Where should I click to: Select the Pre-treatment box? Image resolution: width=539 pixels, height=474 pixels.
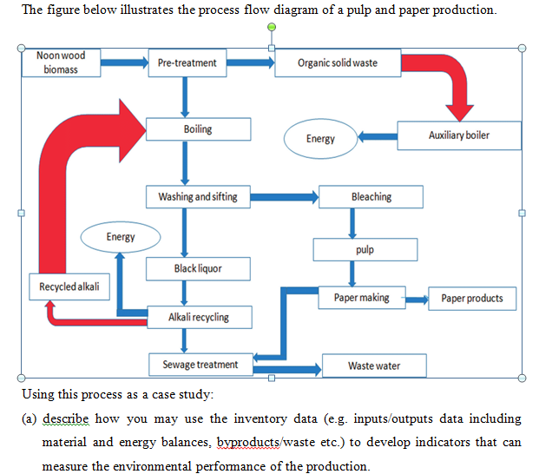(187, 63)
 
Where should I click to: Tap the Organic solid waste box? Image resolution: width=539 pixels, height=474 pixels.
(337, 63)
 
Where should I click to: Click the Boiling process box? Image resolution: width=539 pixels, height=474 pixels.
(198, 129)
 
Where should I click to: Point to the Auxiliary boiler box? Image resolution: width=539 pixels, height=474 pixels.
(459, 135)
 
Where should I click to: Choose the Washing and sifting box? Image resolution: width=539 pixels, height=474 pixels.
(198, 197)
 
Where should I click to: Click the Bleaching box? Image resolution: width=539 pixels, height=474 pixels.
(371, 197)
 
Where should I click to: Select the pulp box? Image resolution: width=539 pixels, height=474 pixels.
(365, 250)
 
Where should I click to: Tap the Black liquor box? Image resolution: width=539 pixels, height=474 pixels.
(198, 269)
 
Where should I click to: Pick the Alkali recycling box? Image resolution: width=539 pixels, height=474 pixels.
(198, 317)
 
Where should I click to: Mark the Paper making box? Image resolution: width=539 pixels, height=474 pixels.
(362, 298)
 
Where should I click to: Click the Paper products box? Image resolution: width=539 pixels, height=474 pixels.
(471, 299)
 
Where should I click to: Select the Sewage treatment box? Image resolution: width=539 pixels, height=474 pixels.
(200, 365)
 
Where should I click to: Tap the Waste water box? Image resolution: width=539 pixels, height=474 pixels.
(374, 365)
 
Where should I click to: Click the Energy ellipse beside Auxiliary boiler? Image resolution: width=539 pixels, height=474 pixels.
(320, 139)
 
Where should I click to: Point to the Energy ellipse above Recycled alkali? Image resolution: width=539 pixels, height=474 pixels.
(121, 237)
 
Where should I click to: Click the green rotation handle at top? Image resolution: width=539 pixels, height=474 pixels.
(272, 28)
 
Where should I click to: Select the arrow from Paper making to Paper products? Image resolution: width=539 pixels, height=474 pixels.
(415, 300)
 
